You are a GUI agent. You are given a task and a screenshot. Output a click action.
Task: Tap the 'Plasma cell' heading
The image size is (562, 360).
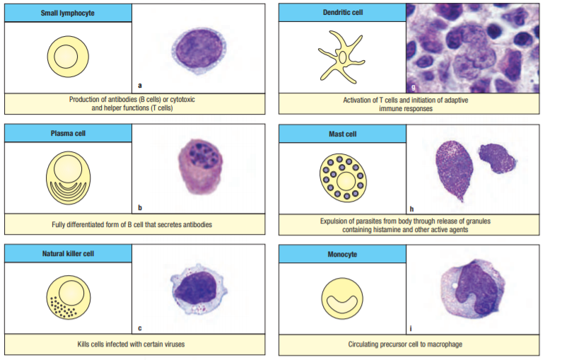pos(69,132)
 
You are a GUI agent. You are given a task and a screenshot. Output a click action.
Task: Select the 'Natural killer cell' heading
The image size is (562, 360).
pos(69,252)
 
